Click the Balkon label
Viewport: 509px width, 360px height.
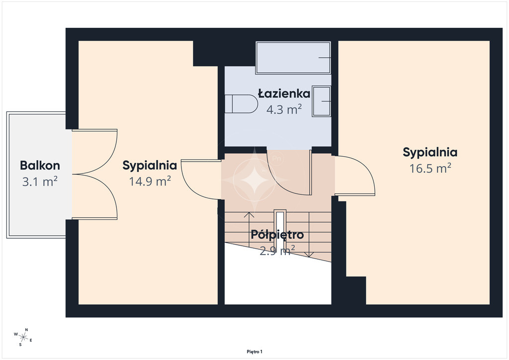pos(40,165)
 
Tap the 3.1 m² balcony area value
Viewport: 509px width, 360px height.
pos(40,181)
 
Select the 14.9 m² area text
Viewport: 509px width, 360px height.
pos(150,181)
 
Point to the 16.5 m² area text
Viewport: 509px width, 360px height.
pos(430,168)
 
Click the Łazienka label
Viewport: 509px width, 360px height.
pos(284,93)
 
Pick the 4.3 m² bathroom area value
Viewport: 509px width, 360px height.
pos(284,109)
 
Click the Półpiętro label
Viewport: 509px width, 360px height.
pos(277,234)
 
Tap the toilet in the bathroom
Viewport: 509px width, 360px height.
pos(241,104)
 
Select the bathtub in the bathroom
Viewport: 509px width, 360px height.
pos(293,58)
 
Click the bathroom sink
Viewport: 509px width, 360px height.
pos(322,101)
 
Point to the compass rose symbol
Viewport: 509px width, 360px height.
pos(23,337)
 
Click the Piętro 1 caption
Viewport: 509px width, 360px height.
pos(254,352)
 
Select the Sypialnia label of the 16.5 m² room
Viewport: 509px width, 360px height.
pos(430,152)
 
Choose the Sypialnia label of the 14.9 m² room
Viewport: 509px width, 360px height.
pos(150,165)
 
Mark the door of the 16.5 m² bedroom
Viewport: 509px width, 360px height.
pos(355,176)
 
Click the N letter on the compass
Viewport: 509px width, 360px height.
pos(27,330)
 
